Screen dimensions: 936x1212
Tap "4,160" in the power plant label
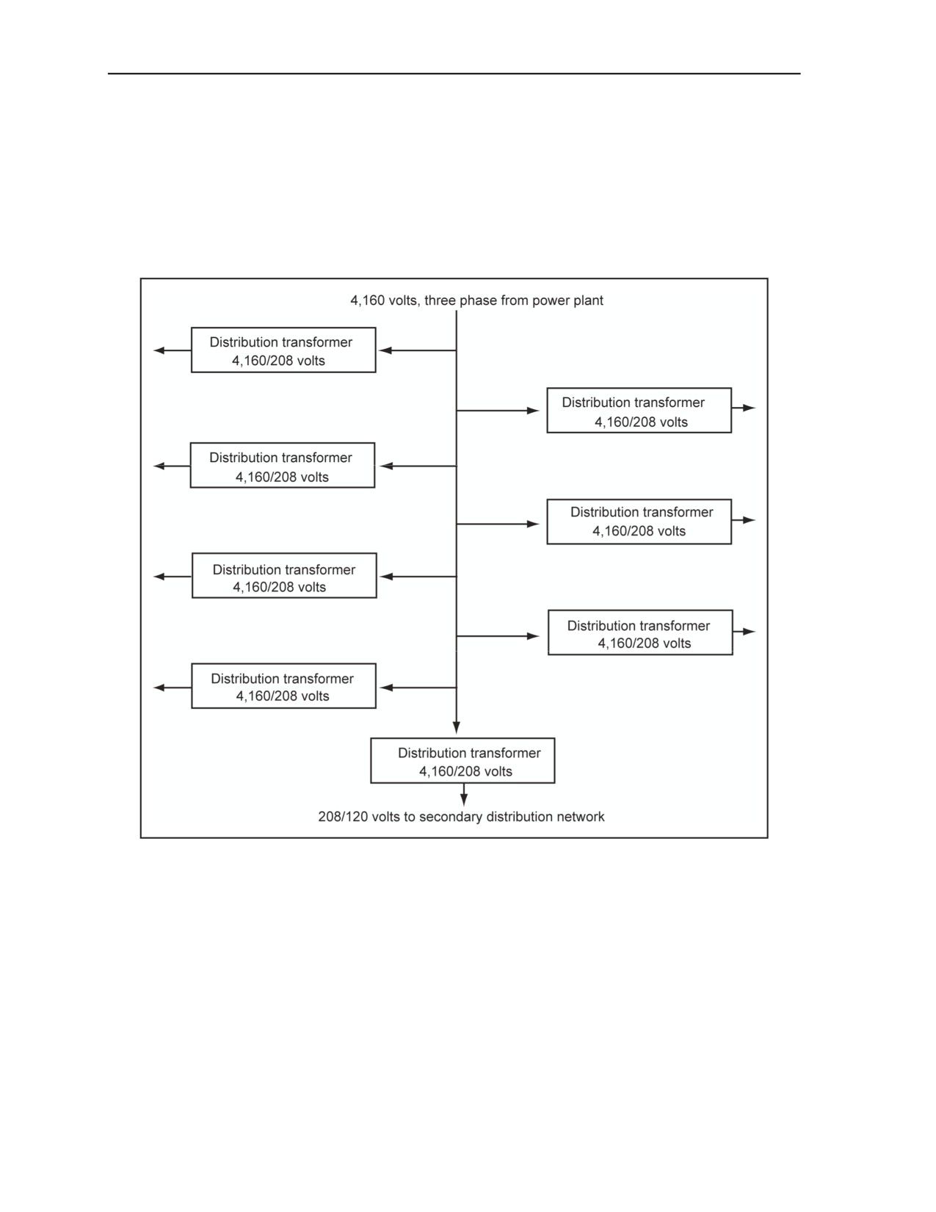367,300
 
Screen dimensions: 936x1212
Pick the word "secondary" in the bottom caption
451,817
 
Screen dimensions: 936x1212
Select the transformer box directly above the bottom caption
462,761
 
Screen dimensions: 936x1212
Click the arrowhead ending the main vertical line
457,728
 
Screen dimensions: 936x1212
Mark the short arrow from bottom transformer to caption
464,794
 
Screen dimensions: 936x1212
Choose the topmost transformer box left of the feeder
283,350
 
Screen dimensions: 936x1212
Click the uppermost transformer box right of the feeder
639,411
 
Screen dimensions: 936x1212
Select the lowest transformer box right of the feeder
640,632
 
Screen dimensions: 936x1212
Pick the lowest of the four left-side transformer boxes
284,686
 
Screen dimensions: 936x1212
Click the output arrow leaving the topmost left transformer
173,351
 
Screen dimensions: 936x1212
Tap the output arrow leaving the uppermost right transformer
744,408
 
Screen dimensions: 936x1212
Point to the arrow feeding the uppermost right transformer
498,411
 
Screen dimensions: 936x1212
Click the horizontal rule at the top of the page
454,73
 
